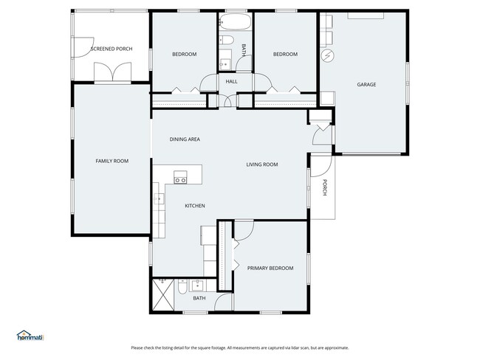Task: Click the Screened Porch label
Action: pos(112,49)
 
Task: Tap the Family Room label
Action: pos(112,161)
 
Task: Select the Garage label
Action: pos(366,84)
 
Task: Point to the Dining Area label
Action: pos(185,139)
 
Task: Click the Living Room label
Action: pos(262,165)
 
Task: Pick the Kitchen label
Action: pos(195,206)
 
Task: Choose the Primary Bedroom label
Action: pos(270,268)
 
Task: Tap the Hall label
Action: pos(231,81)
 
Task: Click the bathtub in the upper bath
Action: pos(235,21)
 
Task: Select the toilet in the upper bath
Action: pos(227,40)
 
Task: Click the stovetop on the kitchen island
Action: pos(180,177)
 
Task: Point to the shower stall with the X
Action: pos(163,294)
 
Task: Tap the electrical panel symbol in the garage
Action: pos(328,55)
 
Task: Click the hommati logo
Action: pos(30,336)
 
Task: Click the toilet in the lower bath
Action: pos(182,286)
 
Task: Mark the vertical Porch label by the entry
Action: pos(324,187)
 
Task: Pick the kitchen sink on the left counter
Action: pos(159,199)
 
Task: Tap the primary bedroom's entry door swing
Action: pos(244,230)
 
